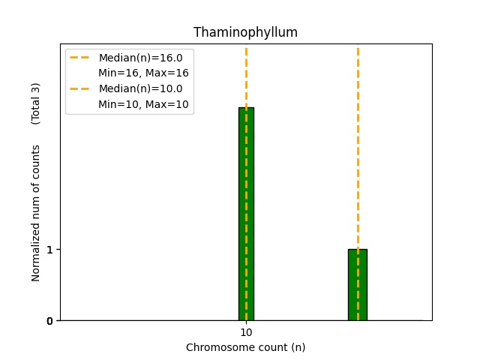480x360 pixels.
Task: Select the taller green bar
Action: pyautogui.click(x=246, y=214)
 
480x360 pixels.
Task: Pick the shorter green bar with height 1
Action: pyautogui.click(x=357, y=285)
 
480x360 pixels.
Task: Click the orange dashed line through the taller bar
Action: pyautogui.click(x=246, y=75)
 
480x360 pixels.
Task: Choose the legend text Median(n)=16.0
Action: pyautogui.click(x=140, y=58)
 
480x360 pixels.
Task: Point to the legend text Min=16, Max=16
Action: pyautogui.click(x=143, y=73)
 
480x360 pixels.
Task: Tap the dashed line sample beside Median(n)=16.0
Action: pyautogui.click(x=80, y=58)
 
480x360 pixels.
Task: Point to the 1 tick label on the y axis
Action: pyautogui.click(x=49, y=250)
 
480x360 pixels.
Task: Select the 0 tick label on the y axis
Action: pyautogui.click(x=49, y=321)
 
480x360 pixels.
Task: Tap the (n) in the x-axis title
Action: pyautogui.click(x=298, y=347)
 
